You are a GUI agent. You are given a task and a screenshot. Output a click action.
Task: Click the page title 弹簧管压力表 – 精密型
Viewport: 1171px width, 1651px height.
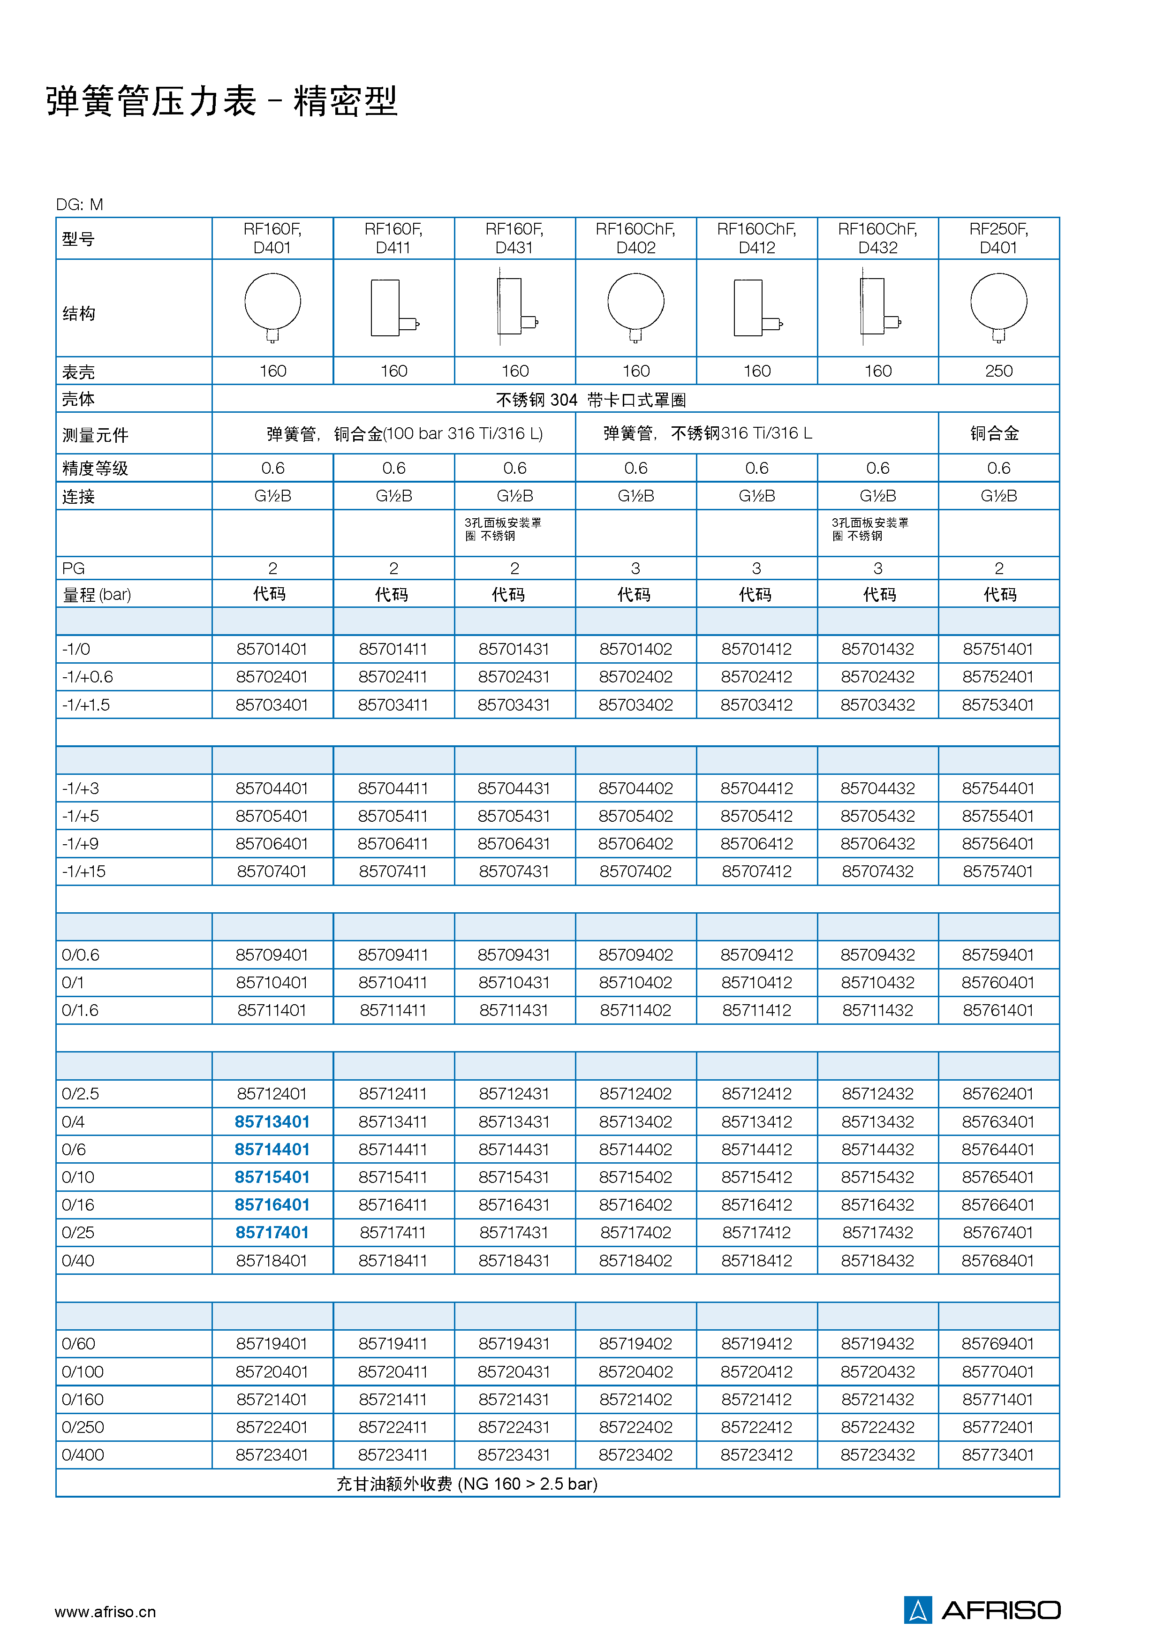click(x=221, y=100)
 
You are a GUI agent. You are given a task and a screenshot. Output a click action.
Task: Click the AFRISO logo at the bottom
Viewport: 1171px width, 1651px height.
click(x=982, y=1610)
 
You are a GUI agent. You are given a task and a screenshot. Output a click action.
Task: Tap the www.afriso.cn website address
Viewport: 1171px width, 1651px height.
click(x=105, y=1611)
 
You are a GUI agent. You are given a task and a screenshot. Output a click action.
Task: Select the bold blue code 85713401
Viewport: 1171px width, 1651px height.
click(x=272, y=1122)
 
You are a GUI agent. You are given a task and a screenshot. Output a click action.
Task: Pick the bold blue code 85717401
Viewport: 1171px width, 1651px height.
click(x=272, y=1233)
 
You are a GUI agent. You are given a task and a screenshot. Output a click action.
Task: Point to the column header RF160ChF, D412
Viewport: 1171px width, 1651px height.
click(x=756, y=238)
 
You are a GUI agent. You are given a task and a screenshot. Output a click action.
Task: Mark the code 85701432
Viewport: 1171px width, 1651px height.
click(x=877, y=649)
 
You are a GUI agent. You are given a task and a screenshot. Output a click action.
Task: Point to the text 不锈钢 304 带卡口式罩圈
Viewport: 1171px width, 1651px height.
click(x=590, y=400)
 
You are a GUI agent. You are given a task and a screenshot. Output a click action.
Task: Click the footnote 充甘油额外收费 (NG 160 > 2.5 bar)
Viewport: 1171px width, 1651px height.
click(x=467, y=1484)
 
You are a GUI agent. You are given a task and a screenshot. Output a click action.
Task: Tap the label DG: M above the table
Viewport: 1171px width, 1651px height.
click(x=79, y=205)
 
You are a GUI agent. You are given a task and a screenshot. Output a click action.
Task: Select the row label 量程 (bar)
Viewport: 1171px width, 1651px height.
click(x=97, y=595)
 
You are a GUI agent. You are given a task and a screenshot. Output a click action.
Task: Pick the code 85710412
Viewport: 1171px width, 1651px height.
click(x=756, y=983)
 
